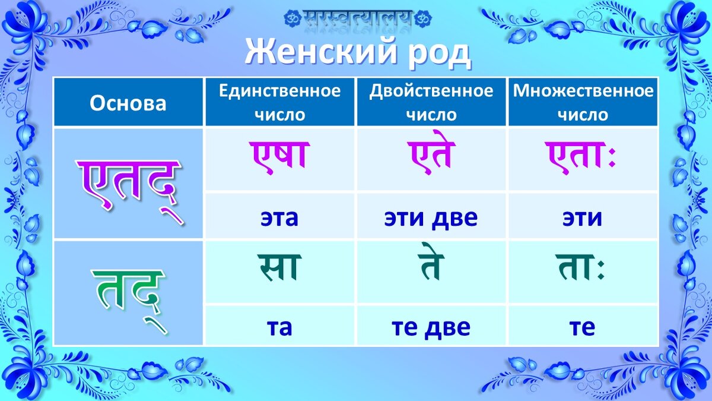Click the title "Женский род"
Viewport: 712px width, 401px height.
(x=358, y=53)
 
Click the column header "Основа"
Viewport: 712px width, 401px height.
(x=128, y=103)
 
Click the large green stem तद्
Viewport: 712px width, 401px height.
(x=128, y=292)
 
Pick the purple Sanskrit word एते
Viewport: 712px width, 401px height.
(x=431, y=156)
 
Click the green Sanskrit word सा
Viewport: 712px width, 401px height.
(x=279, y=268)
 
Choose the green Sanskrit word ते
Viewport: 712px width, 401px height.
(x=431, y=267)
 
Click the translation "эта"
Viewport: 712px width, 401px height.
(x=279, y=218)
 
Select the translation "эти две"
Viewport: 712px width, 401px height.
(x=431, y=218)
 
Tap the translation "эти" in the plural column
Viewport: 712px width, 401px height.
(x=582, y=218)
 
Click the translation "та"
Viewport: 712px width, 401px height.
(x=279, y=327)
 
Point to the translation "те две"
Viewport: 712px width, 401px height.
(x=431, y=327)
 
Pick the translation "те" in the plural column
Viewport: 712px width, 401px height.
(x=582, y=327)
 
